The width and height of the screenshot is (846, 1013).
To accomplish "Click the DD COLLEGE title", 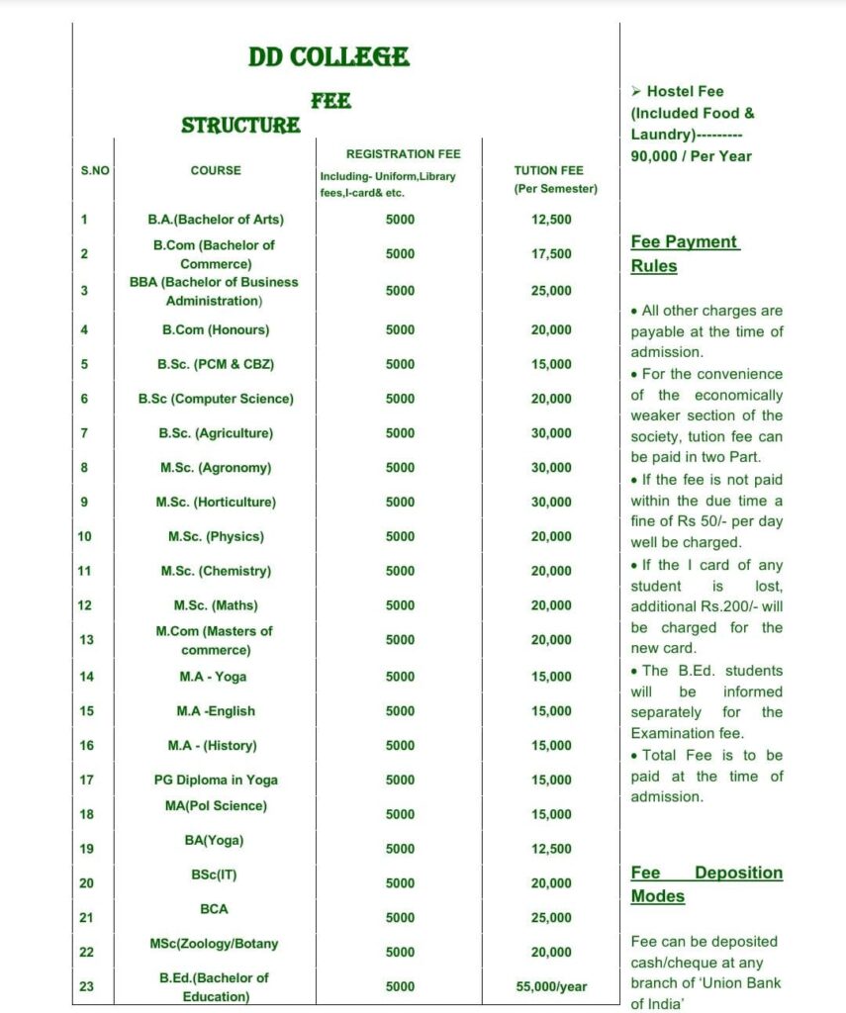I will click(x=329, y=56).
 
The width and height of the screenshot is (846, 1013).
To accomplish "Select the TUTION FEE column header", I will click(x=555, y=179).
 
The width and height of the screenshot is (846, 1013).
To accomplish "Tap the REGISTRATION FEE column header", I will click(x=403, y=154).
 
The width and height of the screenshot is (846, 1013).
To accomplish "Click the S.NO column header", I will click(x=95, y=171).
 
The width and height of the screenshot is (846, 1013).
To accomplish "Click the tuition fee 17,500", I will click(x=551, y=254).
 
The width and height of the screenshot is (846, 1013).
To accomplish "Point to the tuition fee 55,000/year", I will click(x=551, y=986).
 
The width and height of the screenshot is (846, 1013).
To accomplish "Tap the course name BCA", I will click(x=215, y=908).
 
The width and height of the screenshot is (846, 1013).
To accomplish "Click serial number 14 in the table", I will click(x=85, y=677).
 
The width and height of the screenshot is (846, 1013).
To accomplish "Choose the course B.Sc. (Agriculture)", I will click(x=216, y=433).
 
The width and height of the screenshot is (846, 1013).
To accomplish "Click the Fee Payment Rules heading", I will click(x=685, y=254).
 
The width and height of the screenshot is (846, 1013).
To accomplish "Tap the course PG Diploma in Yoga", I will click(x=216, y=780).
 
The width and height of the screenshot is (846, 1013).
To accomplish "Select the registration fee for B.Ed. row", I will click(x=400, y=986).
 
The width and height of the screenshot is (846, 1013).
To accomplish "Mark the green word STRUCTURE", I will click(x=240, y=126).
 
